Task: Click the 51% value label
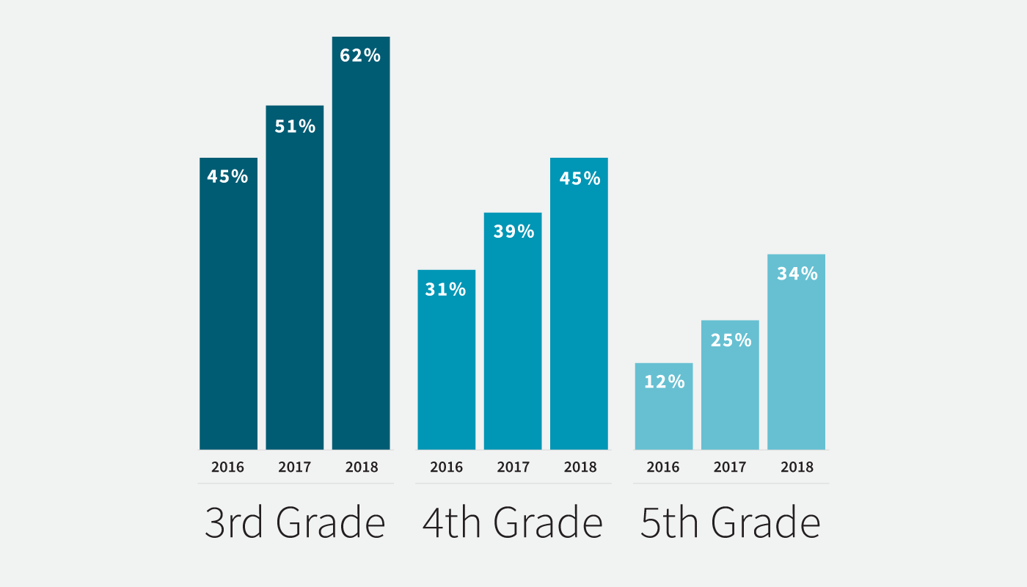pos(295,126)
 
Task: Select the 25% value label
pos(731,340)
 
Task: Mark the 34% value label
pos(797,274)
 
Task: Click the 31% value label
pos(446,290)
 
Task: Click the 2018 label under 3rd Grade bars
pos(361,467)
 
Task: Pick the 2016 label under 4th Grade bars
pos(446,467)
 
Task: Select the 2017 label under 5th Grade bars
pos(730,467)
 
